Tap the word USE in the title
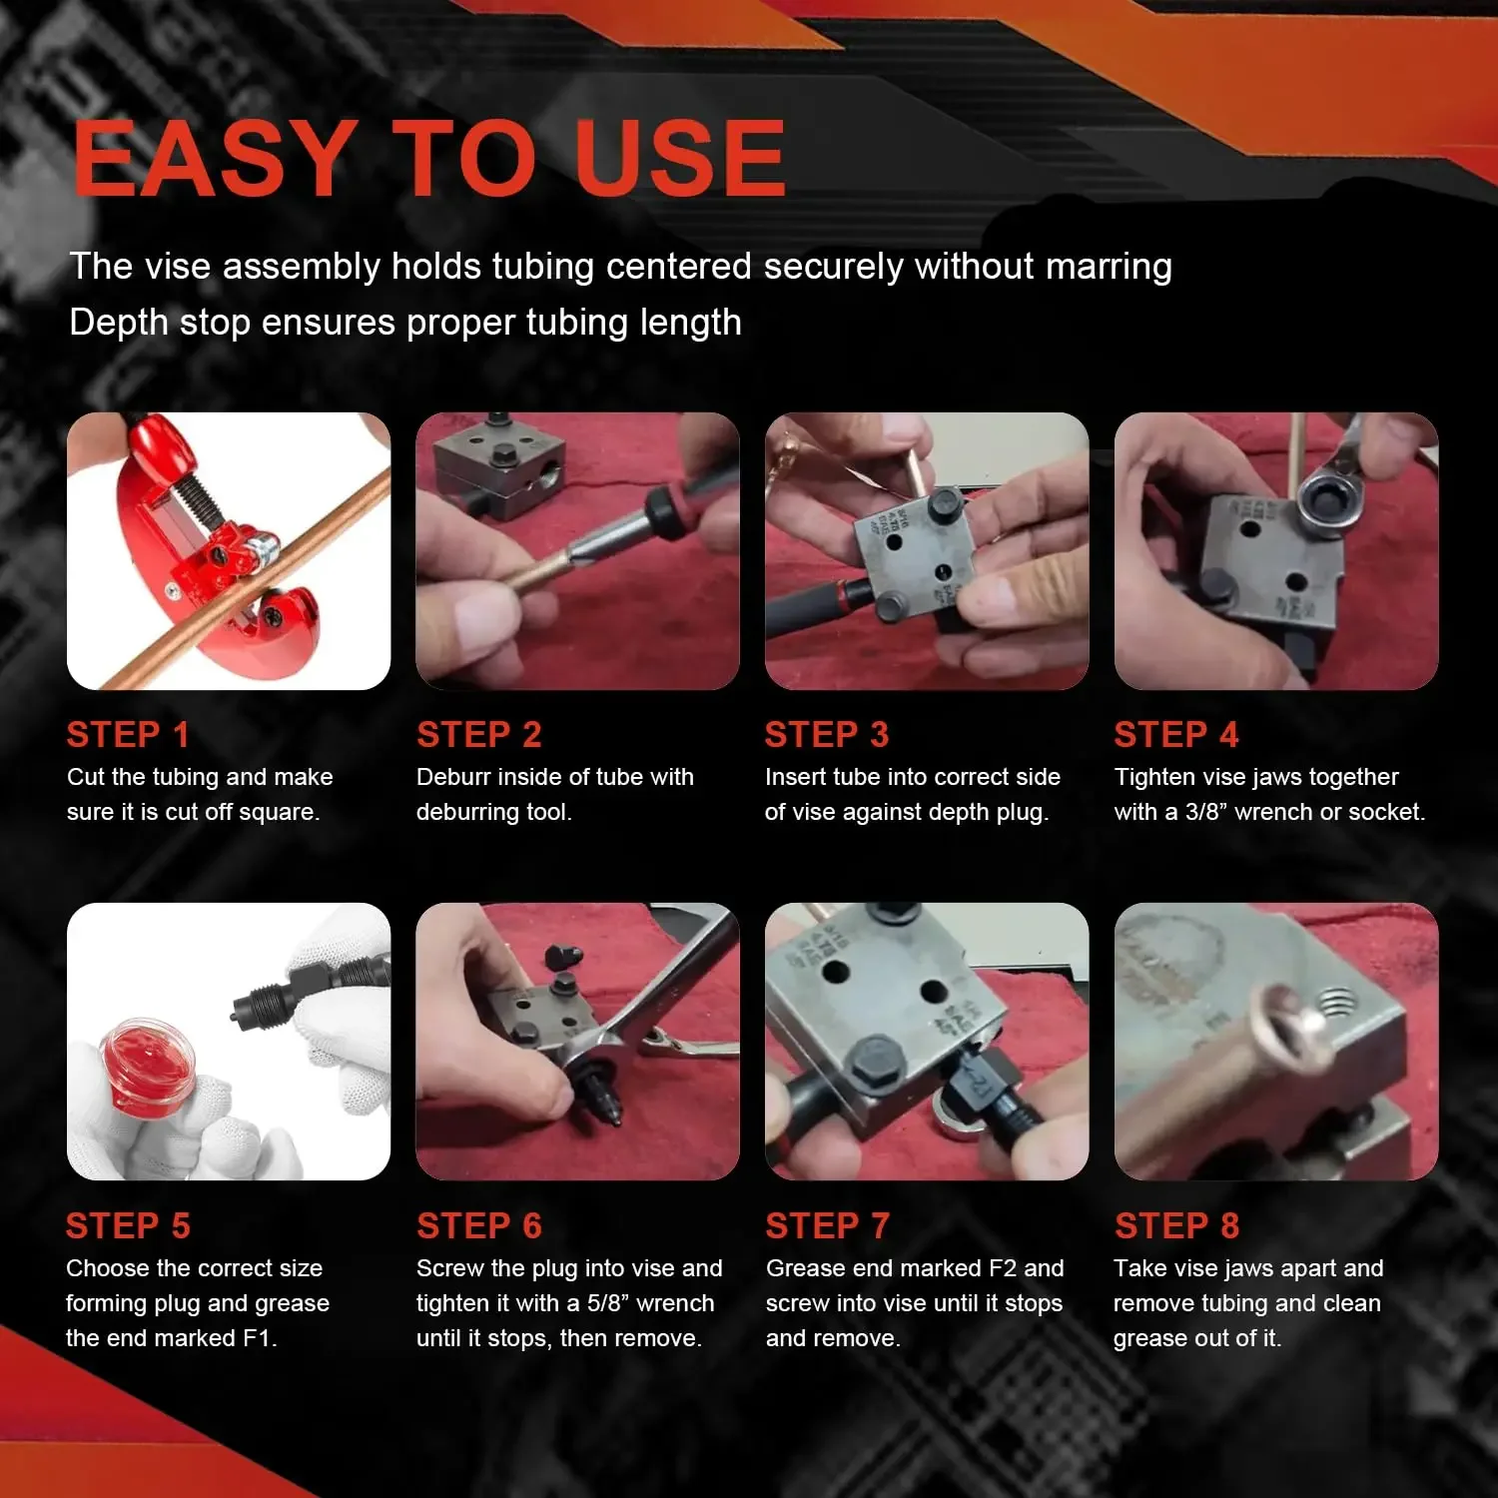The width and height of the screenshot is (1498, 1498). (681, 158)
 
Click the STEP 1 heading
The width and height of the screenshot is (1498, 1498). (128, 735)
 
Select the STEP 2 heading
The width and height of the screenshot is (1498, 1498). (479, 735)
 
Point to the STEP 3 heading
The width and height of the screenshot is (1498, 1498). (827, 735)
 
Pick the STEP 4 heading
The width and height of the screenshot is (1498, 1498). (1176, 735)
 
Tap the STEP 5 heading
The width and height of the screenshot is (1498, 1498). (128, 1225)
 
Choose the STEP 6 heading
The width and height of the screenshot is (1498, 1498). (479, 1225)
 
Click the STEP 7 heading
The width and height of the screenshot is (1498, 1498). (827, 1225)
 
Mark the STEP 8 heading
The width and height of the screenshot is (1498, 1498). (1176, 1225)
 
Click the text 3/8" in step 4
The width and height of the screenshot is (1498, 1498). (1205, 812)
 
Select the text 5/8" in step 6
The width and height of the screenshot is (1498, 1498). (608, 1303)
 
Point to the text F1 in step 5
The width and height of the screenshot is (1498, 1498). (257, 1338)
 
